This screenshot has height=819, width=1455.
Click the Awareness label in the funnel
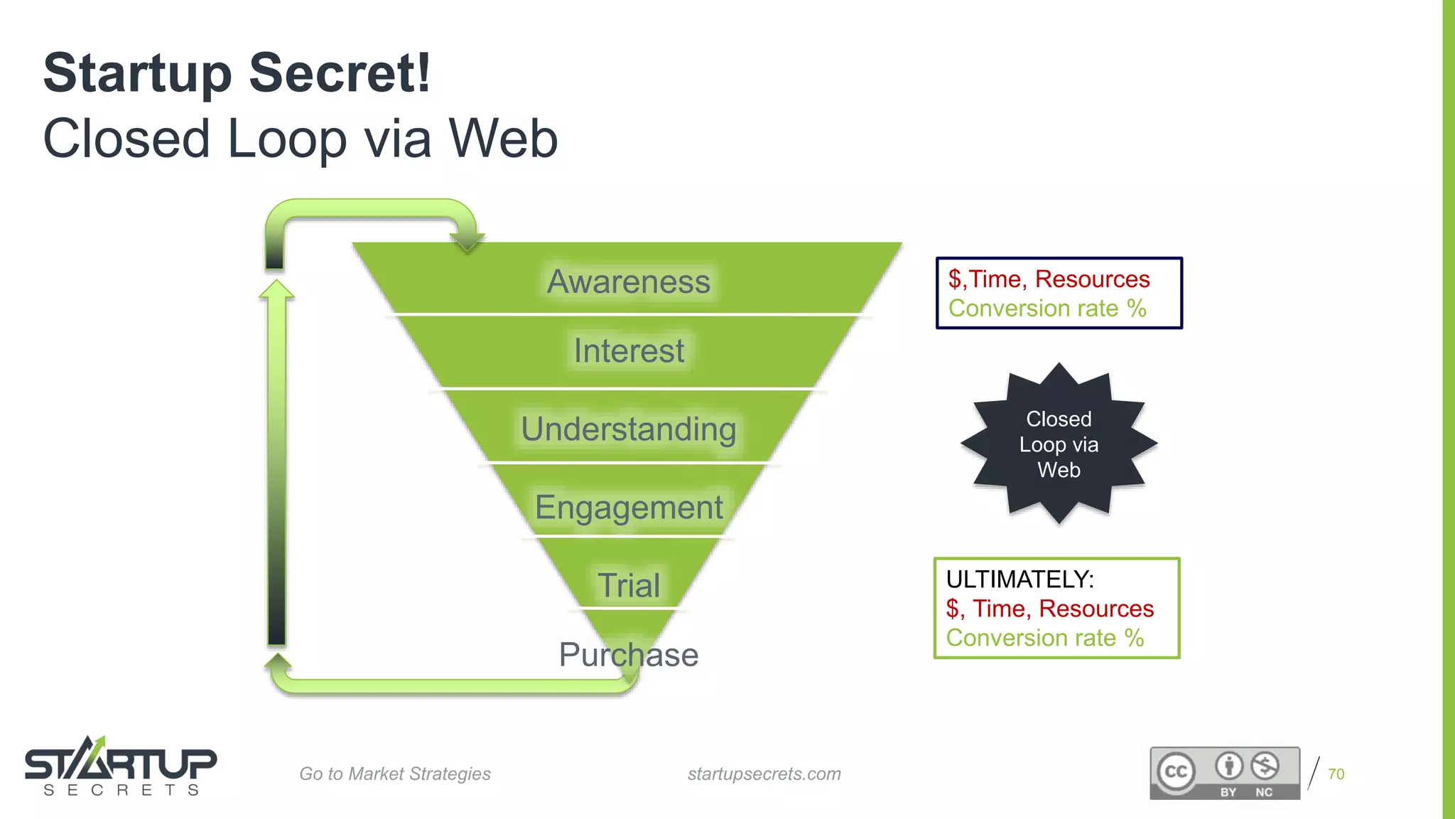(628, 282)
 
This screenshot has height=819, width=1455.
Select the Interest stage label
(629, 350)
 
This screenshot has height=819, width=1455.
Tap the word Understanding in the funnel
(629, 429)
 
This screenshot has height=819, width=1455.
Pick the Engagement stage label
(629, 508)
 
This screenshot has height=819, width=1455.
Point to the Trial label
(629, 585)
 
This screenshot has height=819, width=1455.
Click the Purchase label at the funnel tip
(629, 655)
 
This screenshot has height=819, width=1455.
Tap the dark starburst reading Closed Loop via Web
(1059, 444)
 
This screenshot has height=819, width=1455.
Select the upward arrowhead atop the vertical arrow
(276, 289)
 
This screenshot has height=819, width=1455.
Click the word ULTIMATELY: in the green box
(1019, 579)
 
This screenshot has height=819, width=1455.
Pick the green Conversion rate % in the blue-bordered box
(1047, 309)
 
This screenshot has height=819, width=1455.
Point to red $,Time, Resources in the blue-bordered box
(1049, 279)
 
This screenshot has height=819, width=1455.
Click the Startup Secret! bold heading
(237, 73)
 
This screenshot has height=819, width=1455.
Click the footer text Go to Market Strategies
(395, 773)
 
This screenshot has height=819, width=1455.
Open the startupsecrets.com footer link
(764, 773)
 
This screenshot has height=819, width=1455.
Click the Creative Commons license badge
(1225, 773)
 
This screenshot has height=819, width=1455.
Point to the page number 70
(1336, 773)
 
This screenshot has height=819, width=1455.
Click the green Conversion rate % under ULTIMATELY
(1044, 638)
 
